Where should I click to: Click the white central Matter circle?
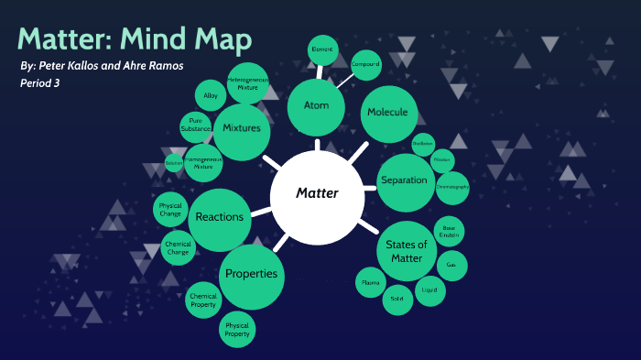coord(317,193)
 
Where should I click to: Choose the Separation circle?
coord(404,180)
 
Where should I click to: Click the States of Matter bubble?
coord(407,251)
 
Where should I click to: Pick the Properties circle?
coord(250,275)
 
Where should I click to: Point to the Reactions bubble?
coord(220,218)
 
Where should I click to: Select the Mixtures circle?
coord(242,129)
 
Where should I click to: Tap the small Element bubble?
coord(321,49)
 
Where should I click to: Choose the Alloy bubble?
coord(211,95)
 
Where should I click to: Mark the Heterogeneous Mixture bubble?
coord(246,82)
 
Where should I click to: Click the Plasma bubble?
coord(370,283)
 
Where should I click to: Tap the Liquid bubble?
coord(429,290)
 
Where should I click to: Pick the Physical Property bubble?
coord(236,330)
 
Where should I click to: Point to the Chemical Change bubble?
coord(178,248)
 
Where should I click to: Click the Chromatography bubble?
coord(451,187)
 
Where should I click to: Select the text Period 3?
coord(46,83)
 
